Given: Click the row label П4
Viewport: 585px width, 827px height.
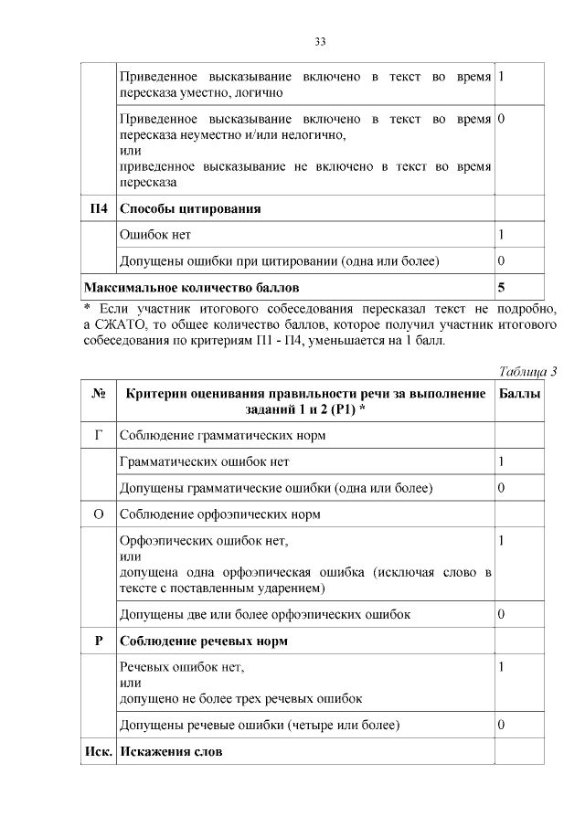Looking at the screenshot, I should tap(99, 208).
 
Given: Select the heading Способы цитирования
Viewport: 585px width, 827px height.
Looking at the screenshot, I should tap(191, 208).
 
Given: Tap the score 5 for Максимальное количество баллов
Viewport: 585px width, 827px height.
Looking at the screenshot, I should tap(501, 288).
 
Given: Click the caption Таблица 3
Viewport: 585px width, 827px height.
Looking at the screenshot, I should tap(527, 370).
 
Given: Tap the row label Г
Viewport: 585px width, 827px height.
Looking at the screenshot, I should tap(99, 435).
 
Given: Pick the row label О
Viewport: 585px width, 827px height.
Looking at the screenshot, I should tap(99, 514).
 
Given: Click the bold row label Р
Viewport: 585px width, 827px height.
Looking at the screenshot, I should tap(99, 641).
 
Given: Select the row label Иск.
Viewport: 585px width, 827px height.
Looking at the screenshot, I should tap(99, 752).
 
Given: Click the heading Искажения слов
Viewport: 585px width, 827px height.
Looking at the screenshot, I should tap(171, 752).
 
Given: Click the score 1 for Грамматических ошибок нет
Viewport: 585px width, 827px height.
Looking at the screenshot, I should tap(501, 461).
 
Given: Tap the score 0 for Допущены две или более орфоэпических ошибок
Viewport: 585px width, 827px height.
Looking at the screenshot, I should tap(501, 613).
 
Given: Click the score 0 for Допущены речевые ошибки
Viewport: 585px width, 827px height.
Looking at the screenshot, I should tap(501, 725).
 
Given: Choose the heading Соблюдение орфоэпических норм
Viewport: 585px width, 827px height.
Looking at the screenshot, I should tap(220, 514).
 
